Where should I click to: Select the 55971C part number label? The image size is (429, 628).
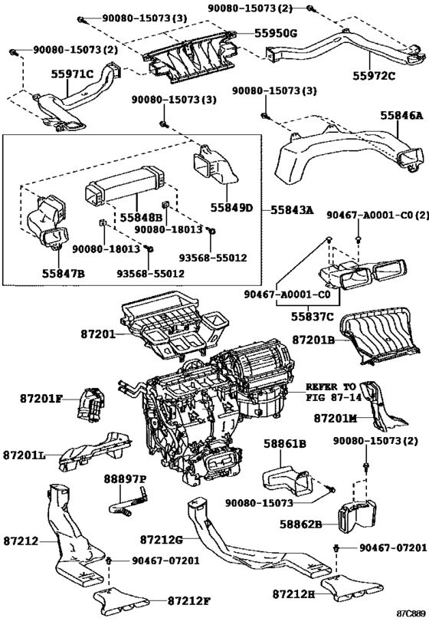tap(72, 74)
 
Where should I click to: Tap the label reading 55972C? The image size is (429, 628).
tap(374, 75)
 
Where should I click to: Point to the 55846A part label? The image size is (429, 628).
tap(401, 115)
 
